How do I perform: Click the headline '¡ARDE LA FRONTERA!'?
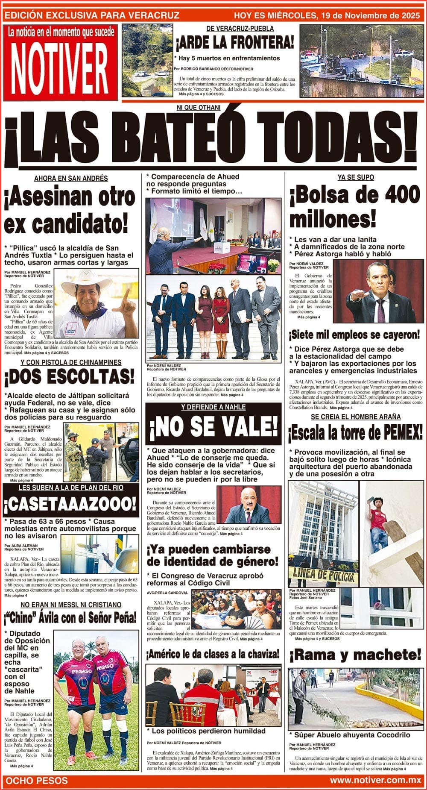[x=234, y=43]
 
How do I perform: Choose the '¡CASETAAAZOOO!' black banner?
[x=70, y=505]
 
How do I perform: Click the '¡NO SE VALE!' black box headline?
[x=213, y=426]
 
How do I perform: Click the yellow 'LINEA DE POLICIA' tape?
[x=323, y=575]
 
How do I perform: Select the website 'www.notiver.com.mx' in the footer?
[x=375, y=781]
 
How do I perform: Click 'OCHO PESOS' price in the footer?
[x=38, y=781]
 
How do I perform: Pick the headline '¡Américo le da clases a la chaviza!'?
[x=213, y=654]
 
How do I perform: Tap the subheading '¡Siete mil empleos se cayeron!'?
[x=354, y=334]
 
